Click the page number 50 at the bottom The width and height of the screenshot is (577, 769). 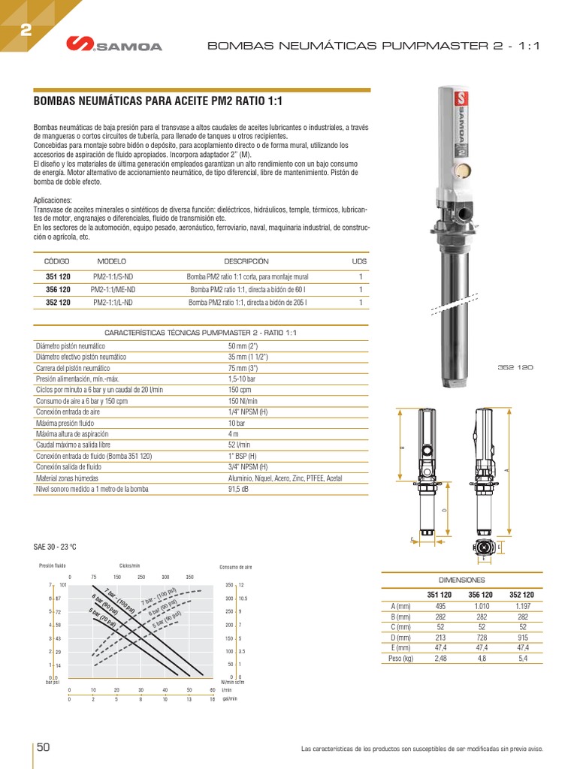pos(44,747)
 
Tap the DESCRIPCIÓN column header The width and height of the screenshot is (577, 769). pos(246,261)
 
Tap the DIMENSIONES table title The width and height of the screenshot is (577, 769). pos(462,581)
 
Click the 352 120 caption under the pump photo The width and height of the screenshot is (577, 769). pos(515,367)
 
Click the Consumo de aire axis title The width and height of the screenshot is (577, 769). pos(236,568)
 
